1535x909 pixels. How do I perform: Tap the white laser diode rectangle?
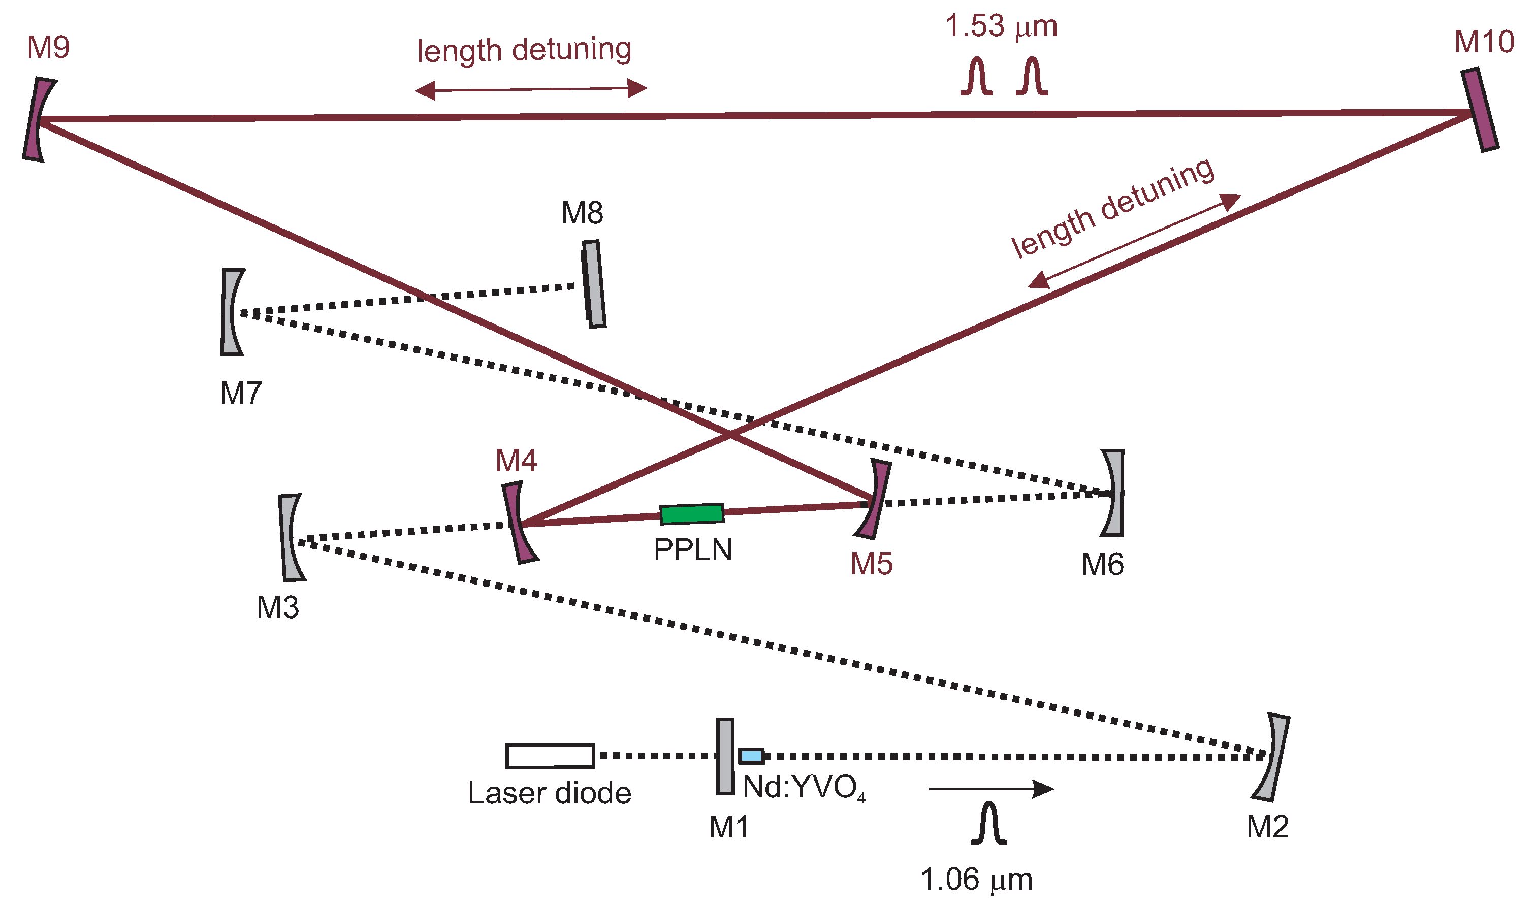point(550,756)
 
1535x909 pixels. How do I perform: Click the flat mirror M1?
point(725,757)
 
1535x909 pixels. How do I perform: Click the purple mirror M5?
point(875,500)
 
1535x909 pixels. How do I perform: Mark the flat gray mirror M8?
point(594,284)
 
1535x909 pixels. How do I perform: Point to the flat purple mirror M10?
point(1479,110)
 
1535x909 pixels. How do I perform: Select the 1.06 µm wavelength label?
point(976,880)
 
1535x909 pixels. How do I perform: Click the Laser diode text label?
point(550,794)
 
